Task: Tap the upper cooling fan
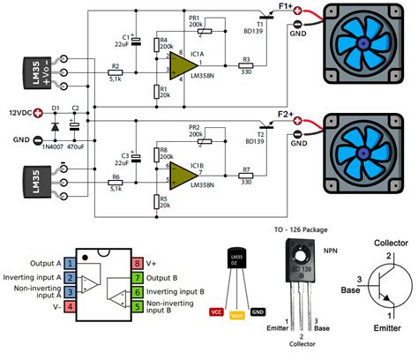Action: click(x=366, y=41)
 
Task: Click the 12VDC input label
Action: click(x=25, y=113)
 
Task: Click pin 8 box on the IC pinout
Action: click(x=137, y=263)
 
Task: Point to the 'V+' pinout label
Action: click(x=152, y=263)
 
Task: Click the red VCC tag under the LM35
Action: click(x=216, y=312)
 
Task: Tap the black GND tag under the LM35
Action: click(x=258, y=312)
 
